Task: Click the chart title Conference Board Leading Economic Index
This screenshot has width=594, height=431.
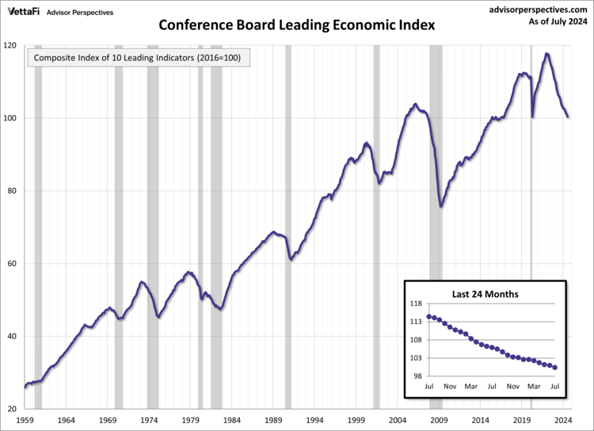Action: point(297,24)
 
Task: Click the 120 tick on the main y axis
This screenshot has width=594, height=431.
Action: point(10,45)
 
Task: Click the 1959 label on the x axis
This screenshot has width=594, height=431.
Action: point(25,420)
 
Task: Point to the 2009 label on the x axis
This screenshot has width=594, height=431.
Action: point(440,420)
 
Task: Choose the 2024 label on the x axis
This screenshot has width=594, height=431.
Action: point(564,420)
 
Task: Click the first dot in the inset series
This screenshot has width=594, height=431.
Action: point(429,316)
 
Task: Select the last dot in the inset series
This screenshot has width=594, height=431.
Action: point(555,368)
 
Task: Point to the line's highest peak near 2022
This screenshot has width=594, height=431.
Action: point(546,54)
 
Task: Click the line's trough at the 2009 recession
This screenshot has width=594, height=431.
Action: point(441,206)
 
